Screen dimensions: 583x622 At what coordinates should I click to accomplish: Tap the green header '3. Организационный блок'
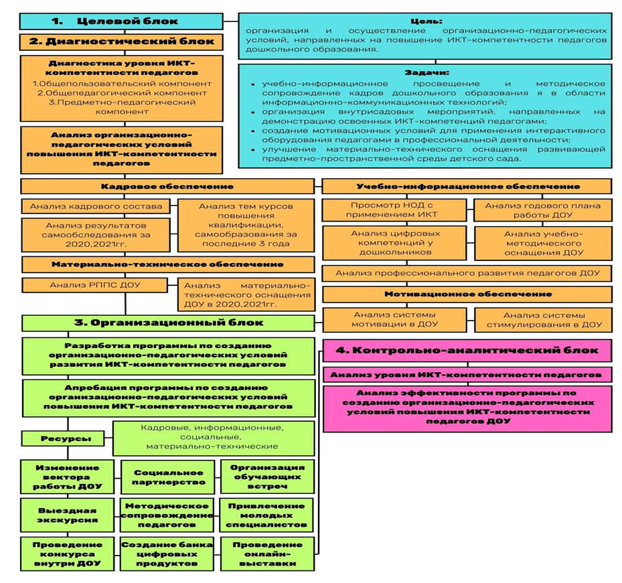pyautogui.click(x=167, y=323)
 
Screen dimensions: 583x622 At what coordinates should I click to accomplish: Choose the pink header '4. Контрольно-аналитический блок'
pyautogui.click(x=467, y=351)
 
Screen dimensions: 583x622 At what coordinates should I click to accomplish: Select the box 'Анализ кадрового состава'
pyautogui.click(x=96, y=206)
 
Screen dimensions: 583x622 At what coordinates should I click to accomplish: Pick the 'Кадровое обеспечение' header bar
pyautogui.click(x=167, y=186)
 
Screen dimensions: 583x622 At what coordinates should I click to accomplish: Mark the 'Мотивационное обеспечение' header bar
pyautogui.click(x=467, y=294)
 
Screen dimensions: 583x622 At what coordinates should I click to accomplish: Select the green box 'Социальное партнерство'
pyautogui.click(x=168, y=477)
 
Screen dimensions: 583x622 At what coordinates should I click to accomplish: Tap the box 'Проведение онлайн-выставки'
pyautogui.click(x=266, y=554)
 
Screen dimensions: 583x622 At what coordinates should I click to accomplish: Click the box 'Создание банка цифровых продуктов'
pyautogui.click(x=168, y=554)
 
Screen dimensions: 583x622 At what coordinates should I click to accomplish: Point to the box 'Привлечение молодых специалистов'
pyautogui.click(x=266, y=515)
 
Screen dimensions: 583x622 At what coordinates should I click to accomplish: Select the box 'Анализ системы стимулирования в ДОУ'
pyautogui.click(x=543, y=319)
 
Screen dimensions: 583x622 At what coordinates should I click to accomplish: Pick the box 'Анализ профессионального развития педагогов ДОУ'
pyautogui.click(x=467, y=273)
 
